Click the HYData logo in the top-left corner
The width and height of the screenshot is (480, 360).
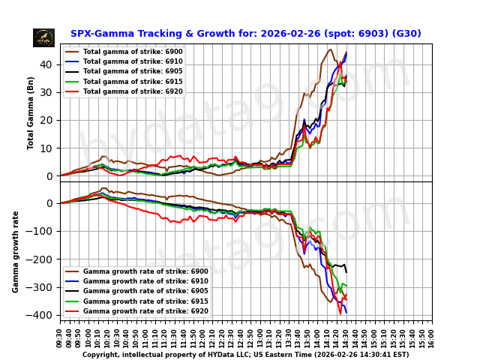coord(43,37)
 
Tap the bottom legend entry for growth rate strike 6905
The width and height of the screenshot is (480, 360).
coord(145,291)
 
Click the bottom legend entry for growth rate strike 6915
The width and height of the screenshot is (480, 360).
coord(145,301)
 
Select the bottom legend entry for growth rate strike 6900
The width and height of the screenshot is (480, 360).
coord(145,271)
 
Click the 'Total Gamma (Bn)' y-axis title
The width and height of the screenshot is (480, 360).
coord(31,112)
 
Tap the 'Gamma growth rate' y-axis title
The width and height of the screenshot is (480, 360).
coord(16,251)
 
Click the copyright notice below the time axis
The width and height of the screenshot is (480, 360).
coord(245,355)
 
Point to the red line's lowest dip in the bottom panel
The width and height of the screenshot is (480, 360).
coord(340,313)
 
